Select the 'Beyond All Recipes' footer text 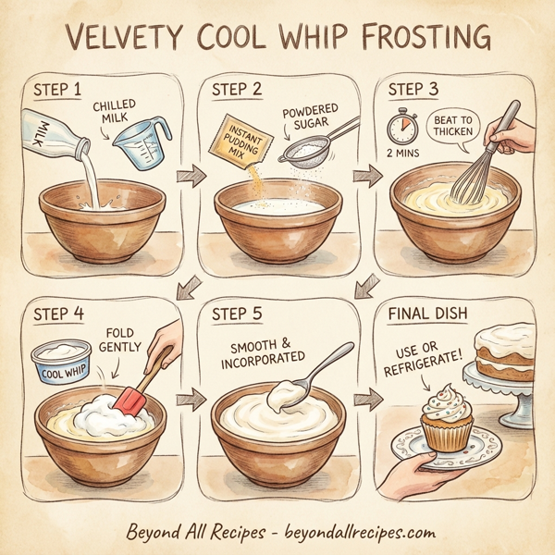coord(194,533)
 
